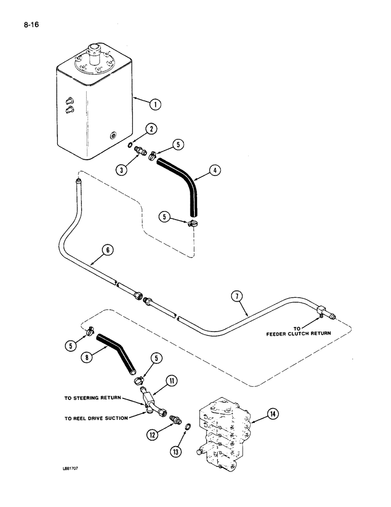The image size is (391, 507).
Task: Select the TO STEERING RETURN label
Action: (x=92, y=398)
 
